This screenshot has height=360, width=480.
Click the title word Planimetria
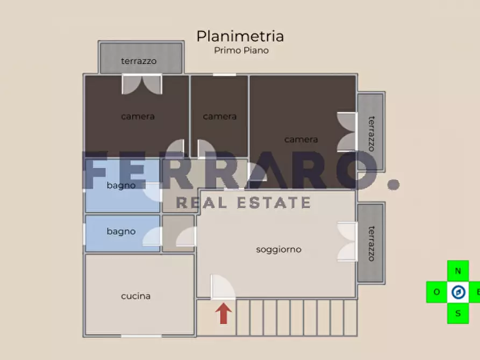click(240, 36)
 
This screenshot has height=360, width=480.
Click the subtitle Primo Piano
click(241, 51)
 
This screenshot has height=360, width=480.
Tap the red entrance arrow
click(224, 314)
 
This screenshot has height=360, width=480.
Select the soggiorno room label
click(278, 249)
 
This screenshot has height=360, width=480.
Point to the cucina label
click(136, 296)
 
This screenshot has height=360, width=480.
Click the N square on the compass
click(458, 271)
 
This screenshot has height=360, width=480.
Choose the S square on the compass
click(458, 313)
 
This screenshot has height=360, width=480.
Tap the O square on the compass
click(436, 292)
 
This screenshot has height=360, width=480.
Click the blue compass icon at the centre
click(458, 292)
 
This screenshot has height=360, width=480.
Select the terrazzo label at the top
click(139, 61)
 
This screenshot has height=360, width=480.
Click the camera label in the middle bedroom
click(220, 117)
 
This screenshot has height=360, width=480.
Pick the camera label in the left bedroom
click(138, 117)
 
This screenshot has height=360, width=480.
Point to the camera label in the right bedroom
click(301, 140)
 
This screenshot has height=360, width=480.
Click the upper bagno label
click(121, 186)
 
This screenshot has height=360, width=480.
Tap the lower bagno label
click(121, 232)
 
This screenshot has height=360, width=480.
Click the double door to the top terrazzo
click(142, 84)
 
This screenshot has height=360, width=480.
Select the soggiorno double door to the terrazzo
click(347, 242)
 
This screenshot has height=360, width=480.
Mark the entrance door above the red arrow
click(223, 287)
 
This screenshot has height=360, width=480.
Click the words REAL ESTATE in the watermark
click(243, 203)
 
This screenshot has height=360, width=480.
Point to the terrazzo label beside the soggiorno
click(371, 243)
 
